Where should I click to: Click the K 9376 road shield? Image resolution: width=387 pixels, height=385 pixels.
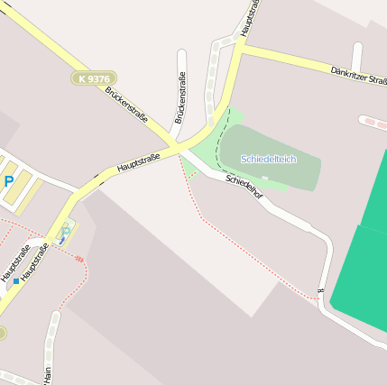pyautogui.click(x=90, y=79)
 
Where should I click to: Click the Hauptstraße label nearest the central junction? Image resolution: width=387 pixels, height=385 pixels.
pyautogui.click(x=138, y=162)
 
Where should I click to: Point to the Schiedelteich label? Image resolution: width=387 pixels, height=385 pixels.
pyautogui.click(x=268, y=159)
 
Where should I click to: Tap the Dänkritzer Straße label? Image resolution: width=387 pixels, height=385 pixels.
pyautogui.click(x=358, y=75)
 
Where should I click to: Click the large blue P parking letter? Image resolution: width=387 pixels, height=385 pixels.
pyautogui.click(x=9, y=182)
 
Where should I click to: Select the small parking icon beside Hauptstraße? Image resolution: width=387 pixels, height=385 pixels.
pyautogui.click(x=64, y=234)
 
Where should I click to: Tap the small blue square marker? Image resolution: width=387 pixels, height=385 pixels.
pyautogui.click(x=15, y=281)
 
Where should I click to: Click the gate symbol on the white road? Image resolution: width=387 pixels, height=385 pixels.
pyautogui.click(x=320, y=290)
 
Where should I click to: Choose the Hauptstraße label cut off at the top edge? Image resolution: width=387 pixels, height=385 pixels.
pyautogui.click(x=253, y=14)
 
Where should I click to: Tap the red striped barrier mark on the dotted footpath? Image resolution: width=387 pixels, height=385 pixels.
pyautogui.click(x=79, y=259)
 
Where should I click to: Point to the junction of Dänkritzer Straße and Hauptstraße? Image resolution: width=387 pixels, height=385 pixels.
pyautogui.click(x=242, y=44)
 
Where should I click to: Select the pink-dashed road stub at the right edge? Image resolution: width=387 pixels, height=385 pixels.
pyautogui.click(x=373, y=121)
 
